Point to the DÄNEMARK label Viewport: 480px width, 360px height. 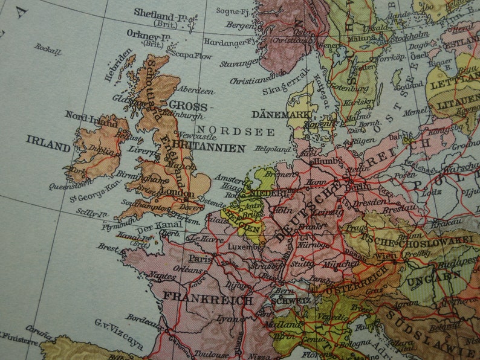[x=276, y=114]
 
